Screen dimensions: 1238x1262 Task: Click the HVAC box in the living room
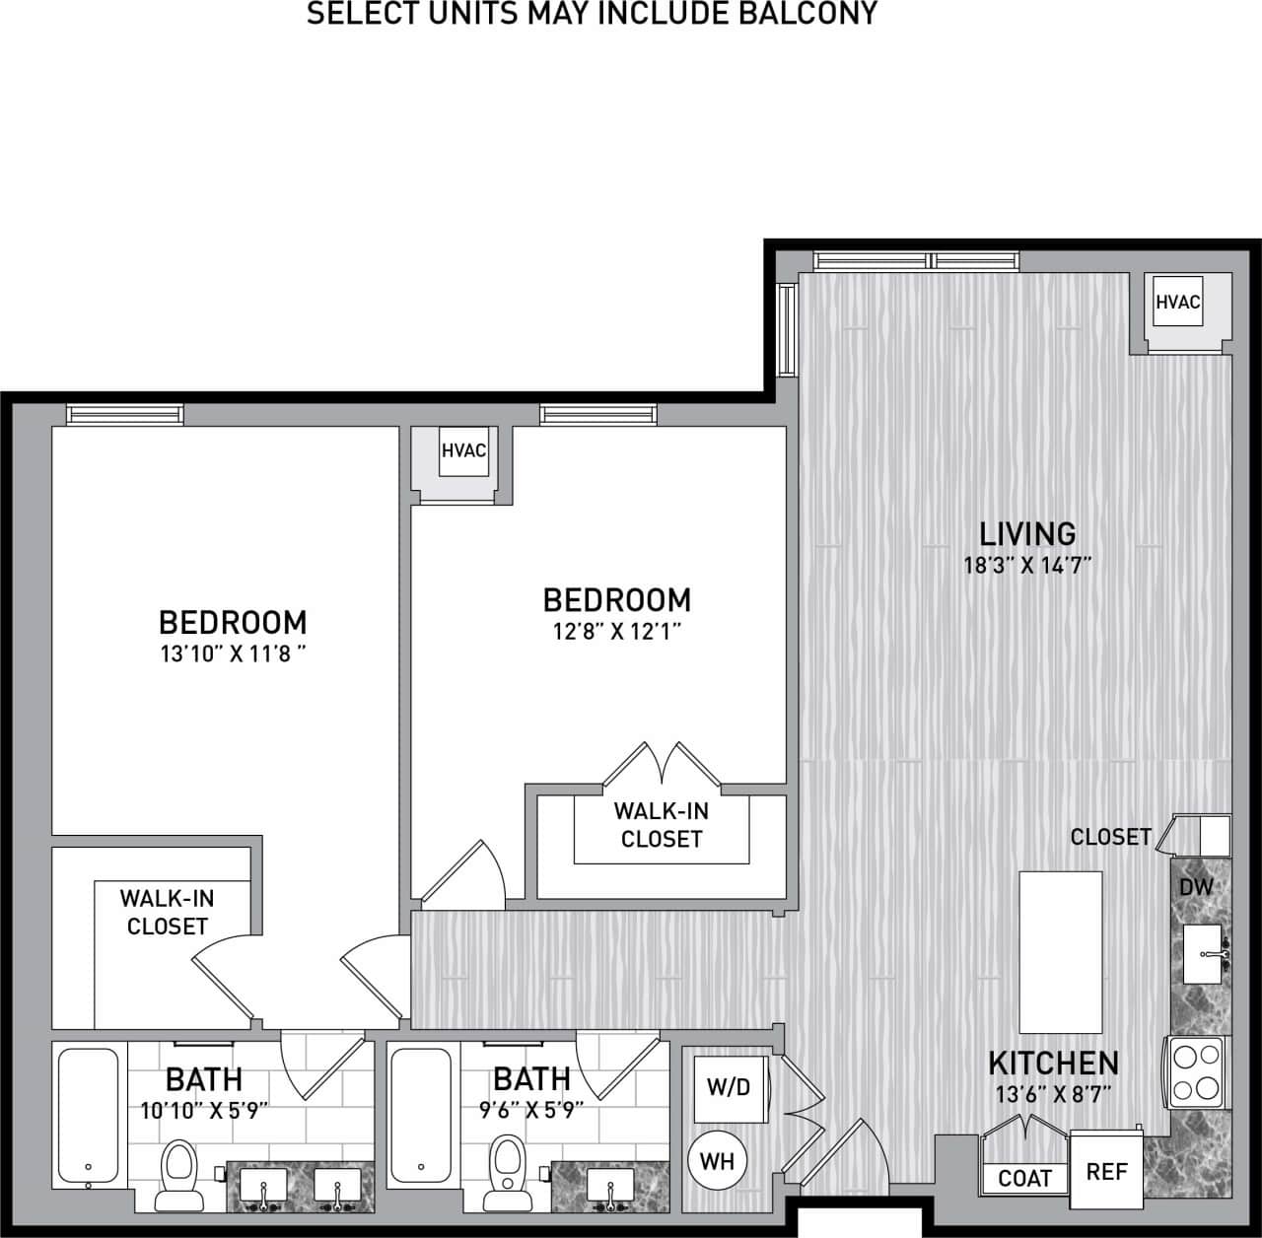(1178, 303)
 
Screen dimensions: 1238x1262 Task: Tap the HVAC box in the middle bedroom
(463, 451)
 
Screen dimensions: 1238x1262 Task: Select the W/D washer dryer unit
(729, 1088)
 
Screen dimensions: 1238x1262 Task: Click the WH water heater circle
(717, 1160)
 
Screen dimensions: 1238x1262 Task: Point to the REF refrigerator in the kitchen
(1106, 1171)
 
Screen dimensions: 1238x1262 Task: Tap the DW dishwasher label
(1196, 886)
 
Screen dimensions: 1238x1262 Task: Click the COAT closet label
(1024, 1178)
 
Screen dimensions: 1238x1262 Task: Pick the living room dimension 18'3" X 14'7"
(1027, 567)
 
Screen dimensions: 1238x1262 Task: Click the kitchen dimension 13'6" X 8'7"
(1053, 1094)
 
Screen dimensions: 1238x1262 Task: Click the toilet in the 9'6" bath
(507, 1169)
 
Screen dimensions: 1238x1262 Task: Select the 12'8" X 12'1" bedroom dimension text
(617, 631)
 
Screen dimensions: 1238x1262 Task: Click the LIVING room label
(1027, 534)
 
